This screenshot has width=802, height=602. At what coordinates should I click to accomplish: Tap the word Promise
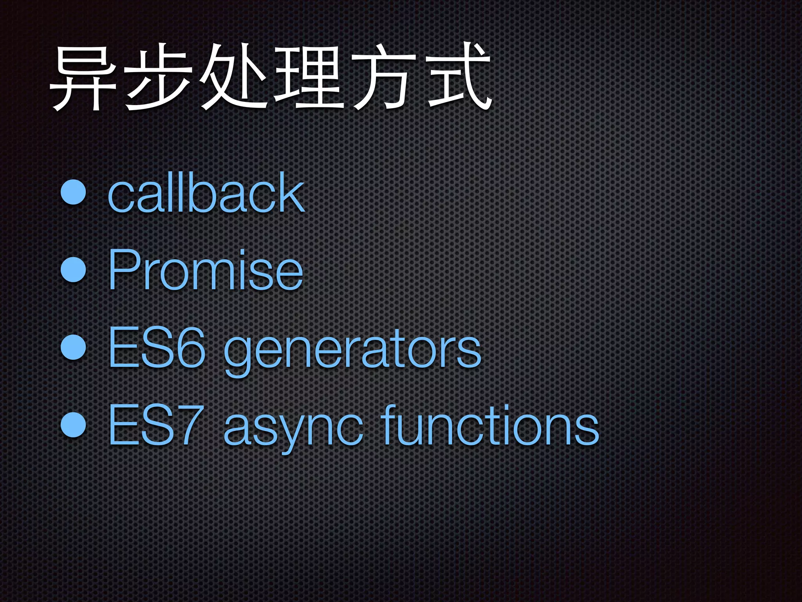coord(205,270)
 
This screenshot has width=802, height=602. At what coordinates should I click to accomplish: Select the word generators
coord(352,349)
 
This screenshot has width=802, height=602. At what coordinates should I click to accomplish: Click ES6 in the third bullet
coord(156,348)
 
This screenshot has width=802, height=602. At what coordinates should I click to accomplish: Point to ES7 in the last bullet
coord(156,425)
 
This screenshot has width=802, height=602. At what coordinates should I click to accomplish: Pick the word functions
coord(490,425)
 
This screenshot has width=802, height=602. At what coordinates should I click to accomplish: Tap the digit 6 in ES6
coord(191,348)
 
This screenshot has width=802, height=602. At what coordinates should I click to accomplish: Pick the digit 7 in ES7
coord(191,425)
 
